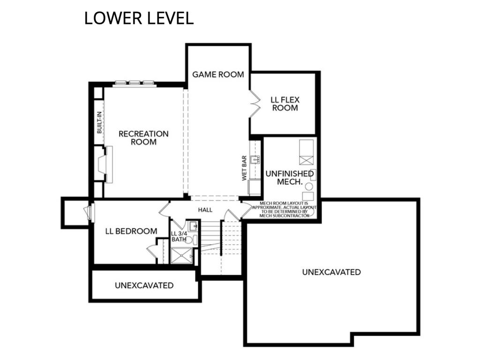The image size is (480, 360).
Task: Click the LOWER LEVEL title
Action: pos(139,18)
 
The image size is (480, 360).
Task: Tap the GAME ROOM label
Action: pos(218,75)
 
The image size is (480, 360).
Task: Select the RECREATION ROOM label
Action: pos(143,138)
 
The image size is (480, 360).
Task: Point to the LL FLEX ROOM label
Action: pos(285,104)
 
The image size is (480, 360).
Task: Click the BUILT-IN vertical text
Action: pos(99,122)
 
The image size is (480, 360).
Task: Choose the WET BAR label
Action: pos(244,168)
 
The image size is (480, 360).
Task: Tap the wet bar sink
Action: pos(255,159)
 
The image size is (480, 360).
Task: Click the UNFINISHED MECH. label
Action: pos(290,178)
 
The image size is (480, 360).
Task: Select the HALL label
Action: pos(205,210)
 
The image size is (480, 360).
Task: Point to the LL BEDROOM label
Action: pos(131,231)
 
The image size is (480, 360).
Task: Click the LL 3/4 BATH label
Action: pos(179,236)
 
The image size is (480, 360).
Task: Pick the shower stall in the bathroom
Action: pos(181,255)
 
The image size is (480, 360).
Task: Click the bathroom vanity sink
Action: pos(193,226)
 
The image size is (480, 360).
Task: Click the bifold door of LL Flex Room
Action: pos(255,104)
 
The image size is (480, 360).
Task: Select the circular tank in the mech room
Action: pos(309,187)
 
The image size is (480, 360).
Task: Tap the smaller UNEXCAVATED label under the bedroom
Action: pos(144,285)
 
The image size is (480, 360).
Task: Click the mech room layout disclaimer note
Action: pos(284,210)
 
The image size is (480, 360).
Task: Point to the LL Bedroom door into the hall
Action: pos(165,209)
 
